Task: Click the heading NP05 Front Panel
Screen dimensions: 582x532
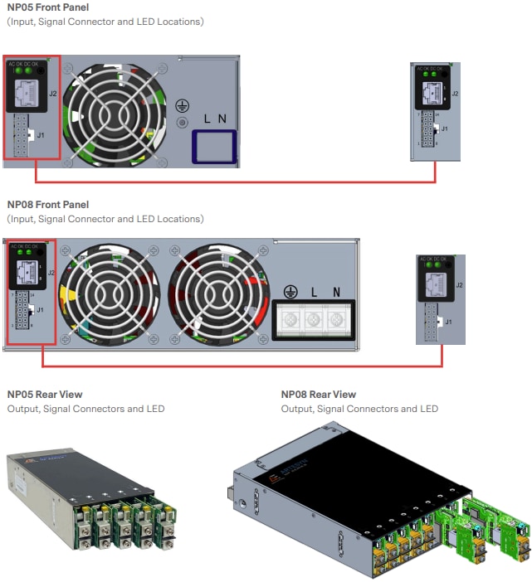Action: point(48,7)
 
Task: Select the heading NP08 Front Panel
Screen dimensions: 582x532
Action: point(48,205)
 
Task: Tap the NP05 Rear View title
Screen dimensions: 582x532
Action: point(45,395)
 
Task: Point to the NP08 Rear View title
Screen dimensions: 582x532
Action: point(319,395)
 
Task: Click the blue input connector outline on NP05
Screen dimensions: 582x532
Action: point(214,146)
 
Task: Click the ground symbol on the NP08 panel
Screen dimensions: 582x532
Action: point(290,291)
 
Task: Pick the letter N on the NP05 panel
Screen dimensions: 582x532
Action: point(222,119)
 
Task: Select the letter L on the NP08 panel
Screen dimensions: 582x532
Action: point(315,292)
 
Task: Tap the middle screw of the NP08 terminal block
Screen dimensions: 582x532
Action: point(315,319)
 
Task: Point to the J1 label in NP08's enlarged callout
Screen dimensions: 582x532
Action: point(449,321)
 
